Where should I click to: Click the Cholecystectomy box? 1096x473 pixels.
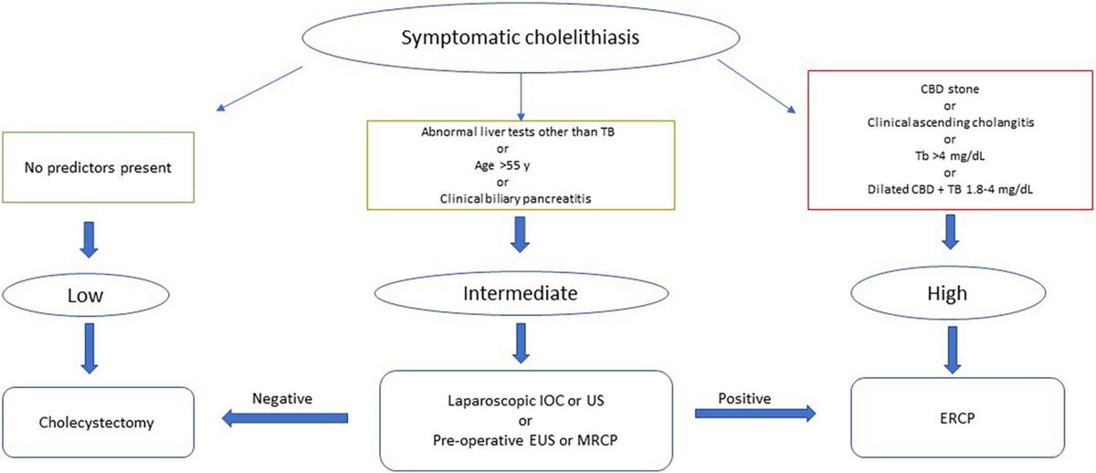click(99, 423)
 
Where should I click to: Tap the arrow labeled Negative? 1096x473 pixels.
click(285, 418)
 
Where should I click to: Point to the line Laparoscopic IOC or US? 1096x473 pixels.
click(522, 402)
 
